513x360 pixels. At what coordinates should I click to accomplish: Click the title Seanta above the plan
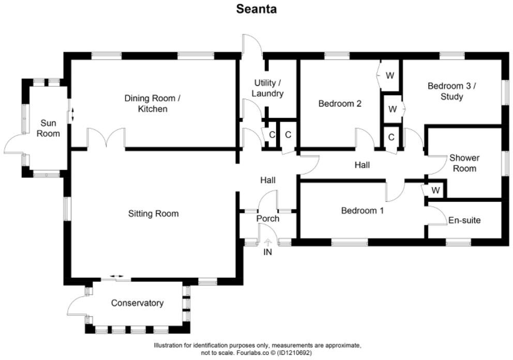click(x=256, y=9)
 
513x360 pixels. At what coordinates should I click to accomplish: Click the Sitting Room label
click(x=154, y=213)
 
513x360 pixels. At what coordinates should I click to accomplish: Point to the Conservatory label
click(x=137, y=303)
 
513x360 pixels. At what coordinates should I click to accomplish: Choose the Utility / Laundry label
click(x=268, y=88)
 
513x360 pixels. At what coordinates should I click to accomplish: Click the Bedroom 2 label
click(x=339, y=103)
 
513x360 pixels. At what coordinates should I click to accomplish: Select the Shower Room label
click(x=464, y=163)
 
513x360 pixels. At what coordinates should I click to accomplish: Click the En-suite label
click(x=464, y=220)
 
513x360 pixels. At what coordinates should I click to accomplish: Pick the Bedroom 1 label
click(x=362, y=211)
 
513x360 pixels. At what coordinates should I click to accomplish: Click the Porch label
click(x=268, y=218)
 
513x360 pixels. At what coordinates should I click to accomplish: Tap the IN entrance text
click(x=267, y=252)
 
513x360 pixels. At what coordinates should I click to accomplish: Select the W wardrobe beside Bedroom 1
click(x=435, y=190)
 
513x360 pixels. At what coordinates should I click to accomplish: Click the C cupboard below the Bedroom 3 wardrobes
click(x=391, y=137)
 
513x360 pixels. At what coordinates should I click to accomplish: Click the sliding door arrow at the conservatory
click(x=116, y=278)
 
